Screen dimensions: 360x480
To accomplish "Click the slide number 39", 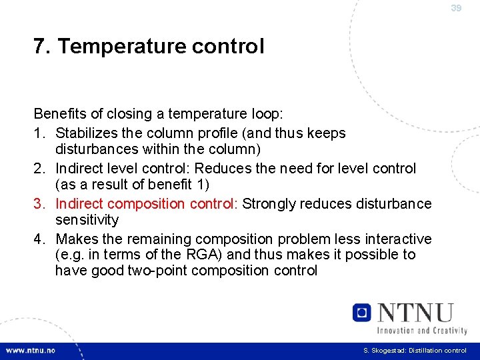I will [456, 9].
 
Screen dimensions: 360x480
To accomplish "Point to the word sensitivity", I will [87, 220].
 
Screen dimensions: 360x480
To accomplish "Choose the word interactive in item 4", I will [395, 239].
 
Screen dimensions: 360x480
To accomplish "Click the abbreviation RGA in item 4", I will [199, 255].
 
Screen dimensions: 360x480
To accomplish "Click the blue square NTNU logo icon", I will [362, 312].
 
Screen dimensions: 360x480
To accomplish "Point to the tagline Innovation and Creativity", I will [422, 330].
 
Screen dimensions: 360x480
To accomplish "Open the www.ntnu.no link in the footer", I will [31, 351].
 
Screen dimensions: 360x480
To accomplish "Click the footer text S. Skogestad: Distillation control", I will [415, 351].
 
